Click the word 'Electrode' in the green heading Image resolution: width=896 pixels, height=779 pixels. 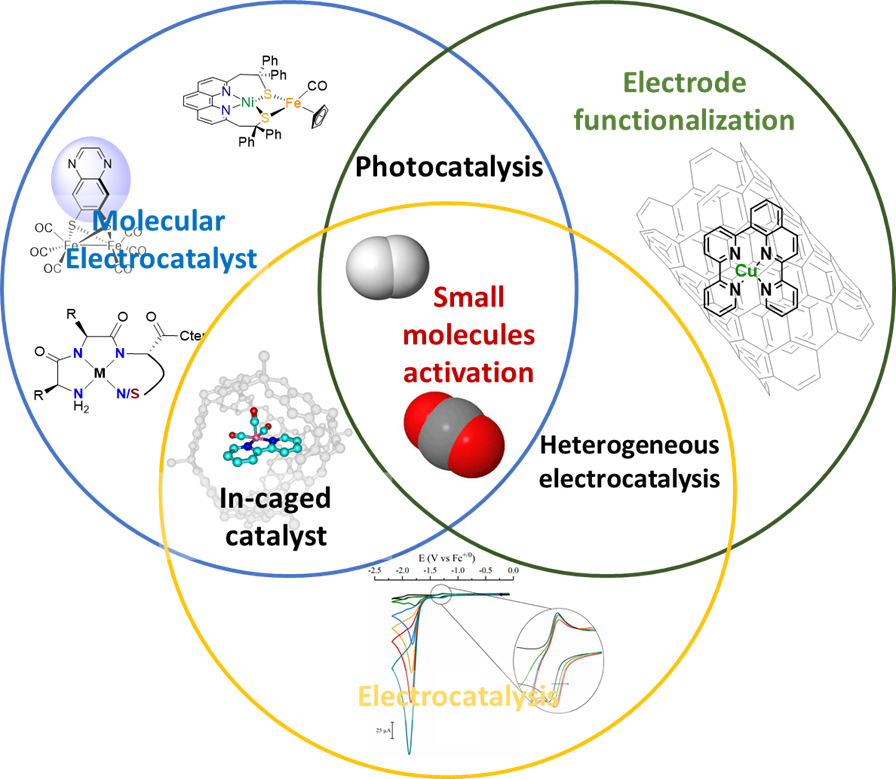pyautogui.click(x=685, y=82)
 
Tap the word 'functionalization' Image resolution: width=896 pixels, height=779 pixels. pyautogui.click(x=684, y=121)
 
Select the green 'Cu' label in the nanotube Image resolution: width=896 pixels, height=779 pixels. pyautogui.click(x=745, y=269)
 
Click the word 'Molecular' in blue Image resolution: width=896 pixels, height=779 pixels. pyautogui.click(x=159, y=221)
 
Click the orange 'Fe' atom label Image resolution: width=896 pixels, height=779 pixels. pyautogui.click(x=293, y=103)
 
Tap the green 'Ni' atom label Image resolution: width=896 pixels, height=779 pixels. pyautogui.click(x=247, y=102)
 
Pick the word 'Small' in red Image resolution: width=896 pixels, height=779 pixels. pyautogui.click(x=468, y=297)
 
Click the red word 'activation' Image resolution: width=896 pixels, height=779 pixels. pyautogui.click(x=468, y=373)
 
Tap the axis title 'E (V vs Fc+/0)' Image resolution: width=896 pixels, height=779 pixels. pyautogui.click(x=446, y=556)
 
